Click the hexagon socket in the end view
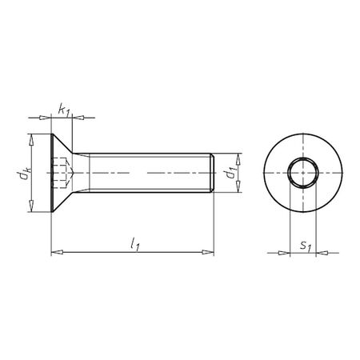click(x=302, y=172)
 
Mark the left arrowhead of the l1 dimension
click(x=56, y=253)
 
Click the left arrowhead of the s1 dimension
click(x=283, y=254)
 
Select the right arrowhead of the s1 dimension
click(x=321, y=254)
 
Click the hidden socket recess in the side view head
click(x=66, y=173)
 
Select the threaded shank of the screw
click(x=148, y=173)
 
